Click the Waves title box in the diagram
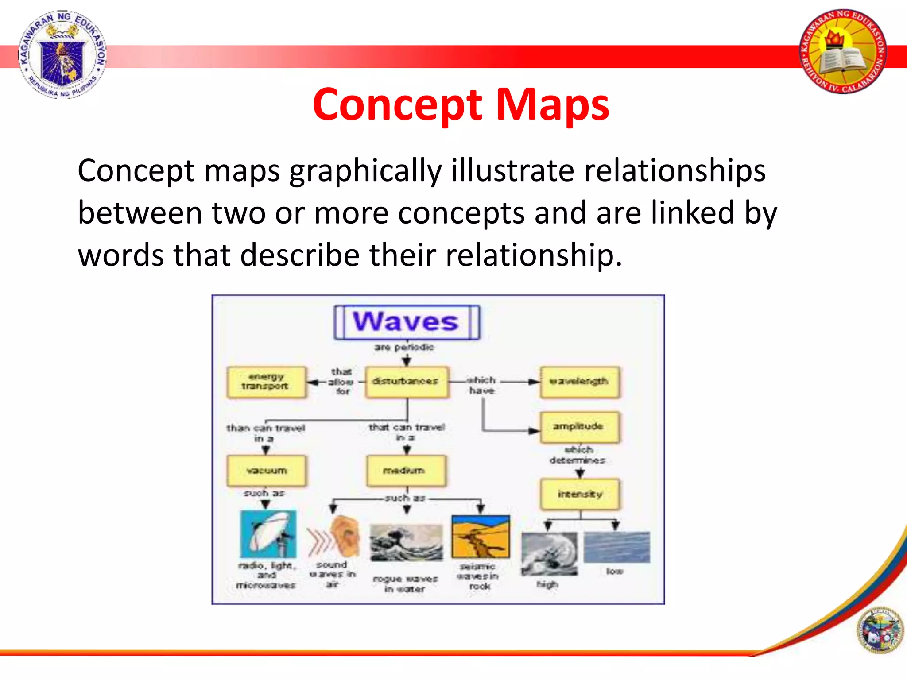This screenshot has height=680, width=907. (407, 322)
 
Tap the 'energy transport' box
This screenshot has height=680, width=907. (266, 382)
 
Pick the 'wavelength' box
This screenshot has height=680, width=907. (579, 382)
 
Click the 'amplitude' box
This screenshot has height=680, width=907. (579, 427)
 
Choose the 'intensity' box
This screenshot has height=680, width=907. (580, 494)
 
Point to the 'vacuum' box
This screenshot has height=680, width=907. (266, 471)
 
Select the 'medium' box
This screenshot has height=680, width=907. (405, 471)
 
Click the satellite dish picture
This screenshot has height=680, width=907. (268, 534)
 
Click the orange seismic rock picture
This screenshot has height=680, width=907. (481, 537)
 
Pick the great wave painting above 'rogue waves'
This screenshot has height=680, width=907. (406, 543)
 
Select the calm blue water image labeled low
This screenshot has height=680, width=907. (616, 547)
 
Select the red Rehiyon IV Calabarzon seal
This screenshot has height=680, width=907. (843, 52)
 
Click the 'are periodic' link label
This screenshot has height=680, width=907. (404, 348)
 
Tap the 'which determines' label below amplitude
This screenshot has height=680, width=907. (578, 455)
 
